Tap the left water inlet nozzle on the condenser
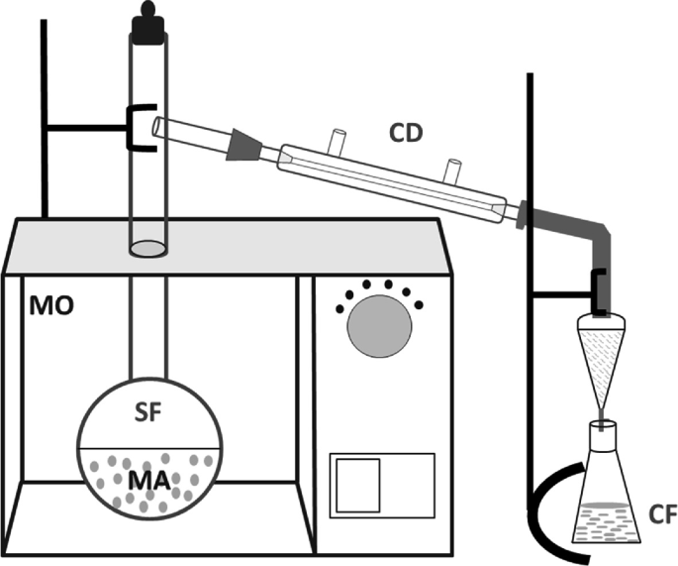point(339,138)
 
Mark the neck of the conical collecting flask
point(602,435)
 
